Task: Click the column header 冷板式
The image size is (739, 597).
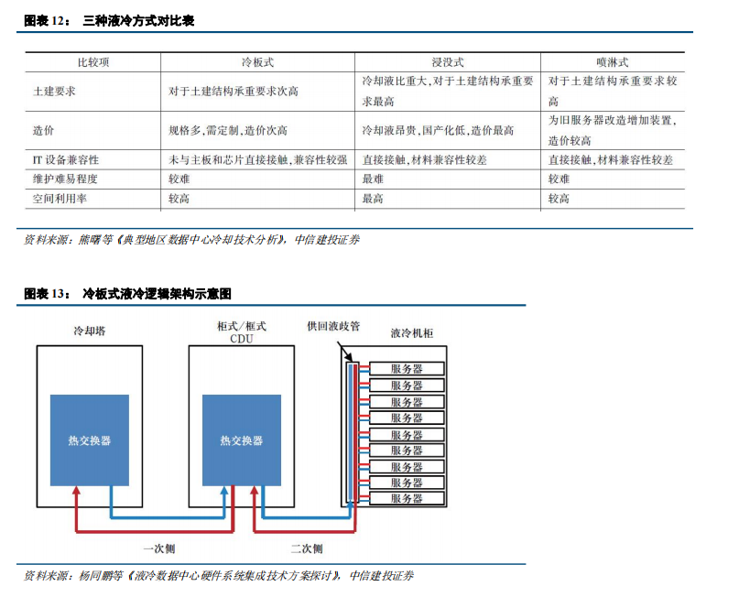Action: (257, 62)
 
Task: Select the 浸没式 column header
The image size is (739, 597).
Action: (448, 62)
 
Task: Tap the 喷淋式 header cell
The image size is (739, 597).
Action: (613, 62)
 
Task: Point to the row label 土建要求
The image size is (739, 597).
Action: (54, 91)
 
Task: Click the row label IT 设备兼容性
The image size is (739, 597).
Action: (66, 159)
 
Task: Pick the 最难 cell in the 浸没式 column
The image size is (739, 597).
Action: (373, 179)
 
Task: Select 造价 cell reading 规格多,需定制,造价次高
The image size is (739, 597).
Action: (228, 131)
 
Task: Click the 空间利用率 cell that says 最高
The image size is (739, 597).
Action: (373, 199)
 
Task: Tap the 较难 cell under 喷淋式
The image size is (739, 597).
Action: (559, 179)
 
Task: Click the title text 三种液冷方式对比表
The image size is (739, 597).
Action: (138, 21)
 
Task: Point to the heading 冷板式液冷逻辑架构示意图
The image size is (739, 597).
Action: (157, 294)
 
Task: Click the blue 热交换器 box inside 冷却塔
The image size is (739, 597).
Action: (90, 440)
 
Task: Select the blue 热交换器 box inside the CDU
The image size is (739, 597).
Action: (242, 440)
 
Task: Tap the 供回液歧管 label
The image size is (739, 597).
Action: (333, 326)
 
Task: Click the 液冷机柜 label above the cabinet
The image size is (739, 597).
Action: (411, 333)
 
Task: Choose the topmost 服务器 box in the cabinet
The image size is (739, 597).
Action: (407, 368)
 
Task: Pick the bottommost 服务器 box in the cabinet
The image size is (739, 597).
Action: (407, 498)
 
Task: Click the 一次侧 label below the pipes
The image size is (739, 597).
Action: (159, 548)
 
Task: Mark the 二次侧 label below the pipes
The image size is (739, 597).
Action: (307, 548)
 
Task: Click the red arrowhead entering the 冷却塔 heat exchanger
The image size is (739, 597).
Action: (76, 491)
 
